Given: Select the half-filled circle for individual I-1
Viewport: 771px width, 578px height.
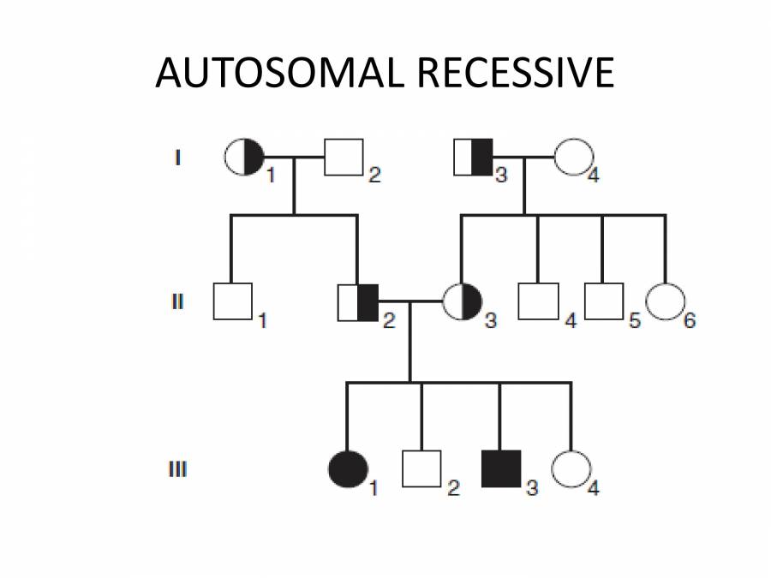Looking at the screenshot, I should pos(243,157).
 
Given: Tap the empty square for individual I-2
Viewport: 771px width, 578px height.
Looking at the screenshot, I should pos(343,157).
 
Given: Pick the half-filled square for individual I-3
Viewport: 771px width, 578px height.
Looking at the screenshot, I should pos(472,157).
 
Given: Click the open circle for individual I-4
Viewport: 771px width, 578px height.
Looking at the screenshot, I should pos(573,157).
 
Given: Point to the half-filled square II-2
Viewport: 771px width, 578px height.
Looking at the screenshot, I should pos(359,301).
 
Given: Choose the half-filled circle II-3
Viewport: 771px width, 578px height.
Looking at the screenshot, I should pos(463,301).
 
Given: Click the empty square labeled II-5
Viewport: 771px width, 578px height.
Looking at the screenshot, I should pos(603,301).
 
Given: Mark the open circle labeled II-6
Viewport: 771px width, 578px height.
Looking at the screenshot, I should pos(666,301).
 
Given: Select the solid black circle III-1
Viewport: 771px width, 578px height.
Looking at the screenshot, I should pos(347,468).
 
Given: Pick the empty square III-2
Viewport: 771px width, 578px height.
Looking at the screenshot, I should pos(421,468).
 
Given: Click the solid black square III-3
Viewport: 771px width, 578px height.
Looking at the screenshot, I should pos(500,468).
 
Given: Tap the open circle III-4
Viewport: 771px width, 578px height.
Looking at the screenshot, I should pos(570,468).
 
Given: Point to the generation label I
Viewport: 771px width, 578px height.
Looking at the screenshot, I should pos(177,158).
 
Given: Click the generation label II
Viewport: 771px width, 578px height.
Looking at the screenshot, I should pos(176,301).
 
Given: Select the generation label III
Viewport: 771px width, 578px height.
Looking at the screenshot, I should pos(176,469).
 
